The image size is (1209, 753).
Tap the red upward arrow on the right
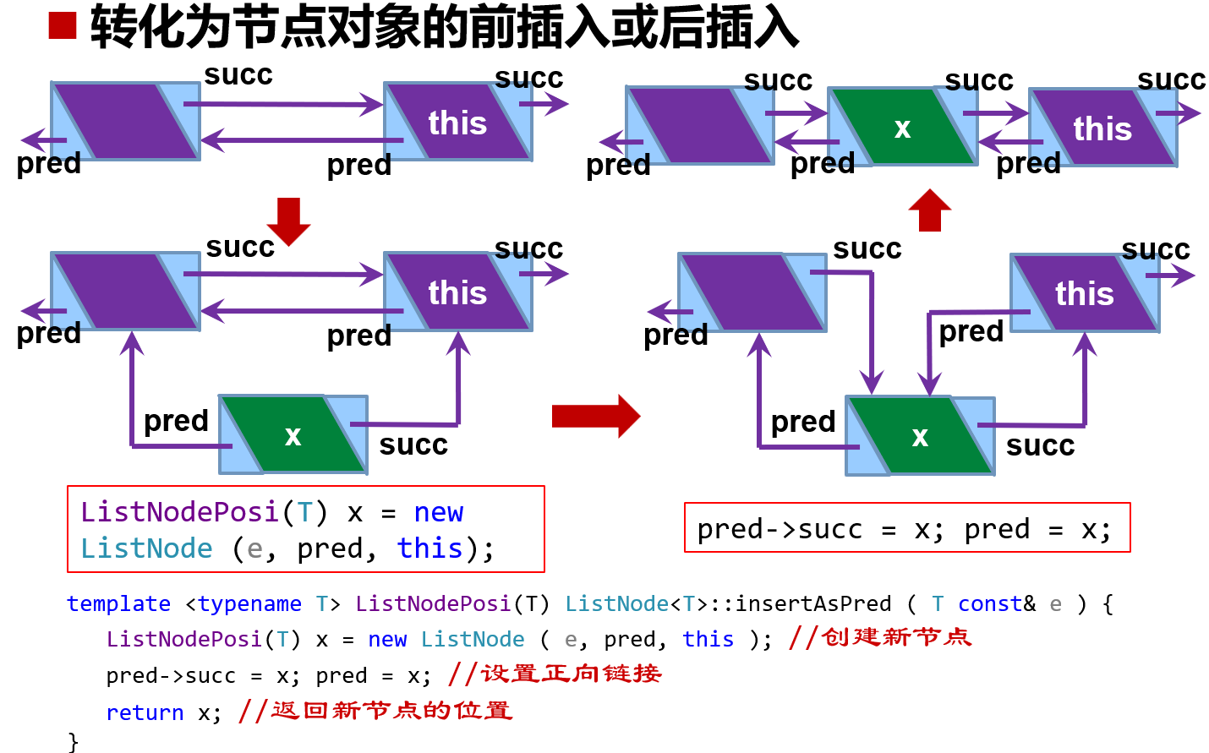[x=929, y=210]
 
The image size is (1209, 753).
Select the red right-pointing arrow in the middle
[x=595, y=416]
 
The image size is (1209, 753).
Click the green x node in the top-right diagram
[x=902, y=127]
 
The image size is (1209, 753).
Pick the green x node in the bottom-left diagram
[x=293, y=434]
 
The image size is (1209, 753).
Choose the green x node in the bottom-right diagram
[x=920, y=436]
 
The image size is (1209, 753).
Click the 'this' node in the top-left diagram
[x=457, y=123]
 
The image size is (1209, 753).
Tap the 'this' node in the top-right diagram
[x=1102, y=128]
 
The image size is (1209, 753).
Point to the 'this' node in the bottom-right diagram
[x=1084, y=293]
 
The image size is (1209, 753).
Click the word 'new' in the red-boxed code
[x=438, y=512]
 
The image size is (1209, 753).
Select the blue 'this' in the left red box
[x=429, y=548]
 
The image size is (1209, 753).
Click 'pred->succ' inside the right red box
[x=780, y=530]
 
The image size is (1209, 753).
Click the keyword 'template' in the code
[x=118, y=603]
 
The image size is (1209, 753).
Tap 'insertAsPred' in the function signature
[x=812, y=603]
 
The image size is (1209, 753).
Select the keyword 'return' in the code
[x=145, y=712]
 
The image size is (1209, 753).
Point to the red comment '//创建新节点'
[x=879, y=637]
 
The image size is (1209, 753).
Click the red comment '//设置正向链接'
[x=555, y=674]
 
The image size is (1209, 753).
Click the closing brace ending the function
[x=73, y=741]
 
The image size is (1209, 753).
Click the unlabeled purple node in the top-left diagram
[x=125, y=121]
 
